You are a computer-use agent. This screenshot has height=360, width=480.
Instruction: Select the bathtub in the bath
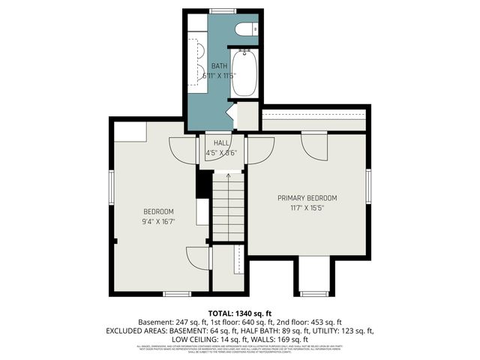tap(244, 73)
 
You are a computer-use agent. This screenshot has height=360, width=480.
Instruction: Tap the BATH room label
tap(218, 66)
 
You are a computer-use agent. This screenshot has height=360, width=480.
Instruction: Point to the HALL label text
tap(221, 143)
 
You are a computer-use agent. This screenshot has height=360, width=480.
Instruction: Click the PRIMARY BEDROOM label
tap(307, 198)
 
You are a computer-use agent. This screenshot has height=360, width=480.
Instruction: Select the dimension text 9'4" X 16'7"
tap(158, 221)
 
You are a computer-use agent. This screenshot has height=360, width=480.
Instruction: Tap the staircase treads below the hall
tap(228, 206)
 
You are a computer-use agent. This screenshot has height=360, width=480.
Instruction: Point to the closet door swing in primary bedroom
tap(314, 146)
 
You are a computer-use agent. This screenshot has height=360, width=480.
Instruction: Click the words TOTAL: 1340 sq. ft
tap(239, 313)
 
